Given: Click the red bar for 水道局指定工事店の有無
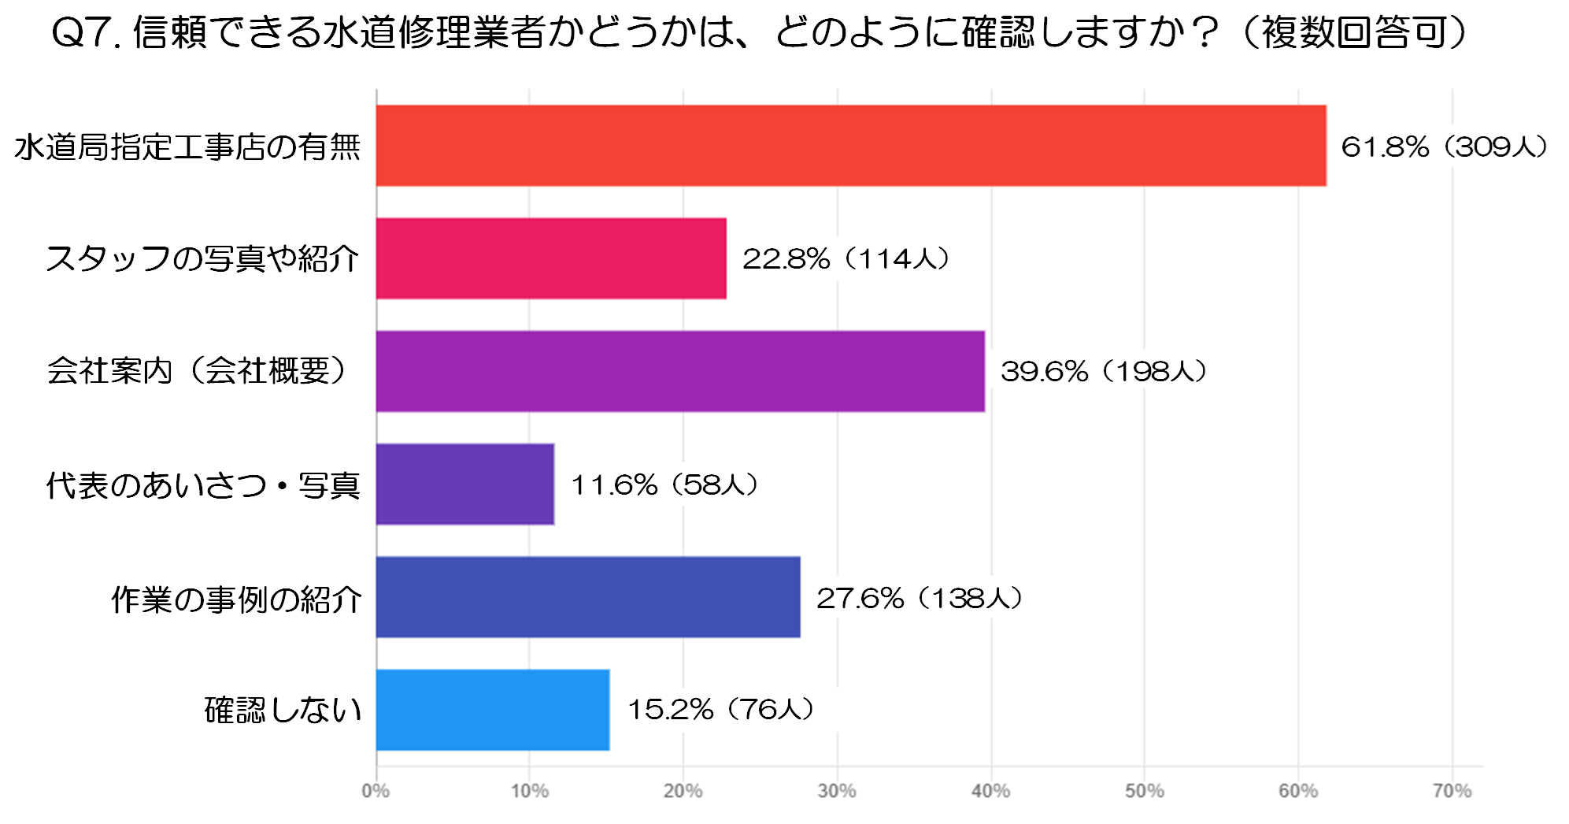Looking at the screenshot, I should pos(850,146).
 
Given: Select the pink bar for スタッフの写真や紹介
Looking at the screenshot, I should pos(551,258).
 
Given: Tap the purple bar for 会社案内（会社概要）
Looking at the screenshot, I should pos(680,371).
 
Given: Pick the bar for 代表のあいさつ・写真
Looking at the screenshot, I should pos(465,484).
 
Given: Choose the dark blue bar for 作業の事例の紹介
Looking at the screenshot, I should pos(588,597).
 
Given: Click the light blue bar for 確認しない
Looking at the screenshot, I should pos(493,710).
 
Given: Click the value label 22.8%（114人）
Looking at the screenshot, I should pos(846,258).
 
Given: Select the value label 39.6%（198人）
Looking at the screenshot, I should pos(1104,371).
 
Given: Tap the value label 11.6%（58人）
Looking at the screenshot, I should pos(664,484).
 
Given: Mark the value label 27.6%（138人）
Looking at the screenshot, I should pos(920,598).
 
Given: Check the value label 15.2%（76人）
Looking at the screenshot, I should pos(720,709).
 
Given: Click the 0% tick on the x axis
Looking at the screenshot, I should pos(376,791).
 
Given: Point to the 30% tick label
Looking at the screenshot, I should pos(837,791).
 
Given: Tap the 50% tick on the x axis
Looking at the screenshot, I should pos(1144,791).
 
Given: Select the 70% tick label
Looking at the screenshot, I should pos(1452,791).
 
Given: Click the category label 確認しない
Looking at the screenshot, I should pos(283,710).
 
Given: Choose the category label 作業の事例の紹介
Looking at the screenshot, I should pos(236,599).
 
